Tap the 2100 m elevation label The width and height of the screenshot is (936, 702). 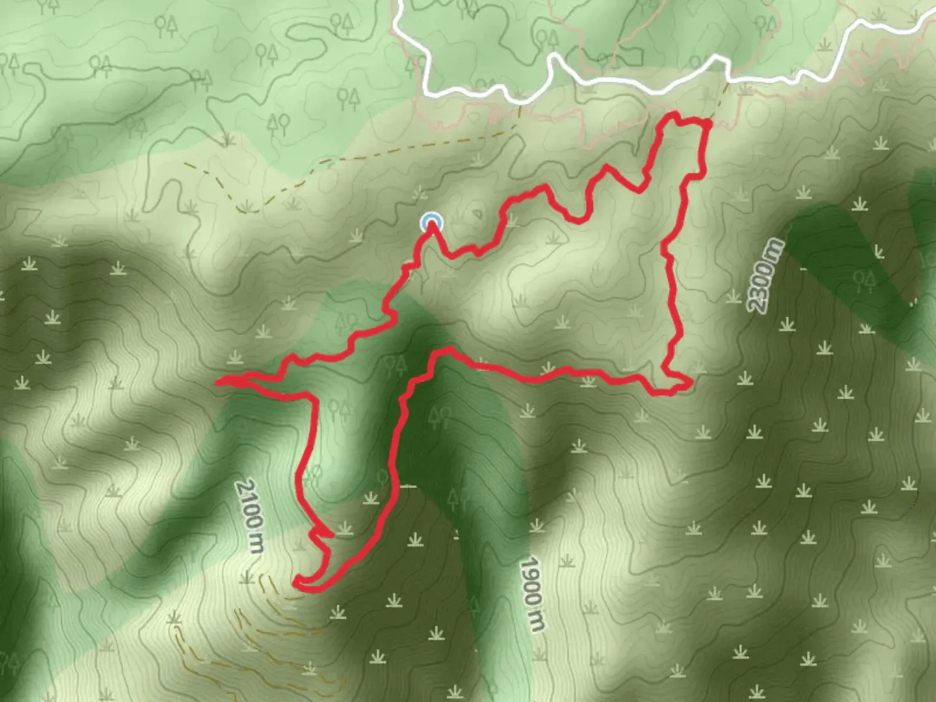tap(251, 517)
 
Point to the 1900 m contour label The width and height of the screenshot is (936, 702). tap(532, 593)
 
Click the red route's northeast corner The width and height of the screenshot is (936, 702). tap(705, 122)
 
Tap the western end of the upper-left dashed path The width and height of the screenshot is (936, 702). tap(185, 162)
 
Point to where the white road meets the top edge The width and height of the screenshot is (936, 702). tap(398, 2)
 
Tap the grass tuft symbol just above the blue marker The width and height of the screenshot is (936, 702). tap(420, 192)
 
